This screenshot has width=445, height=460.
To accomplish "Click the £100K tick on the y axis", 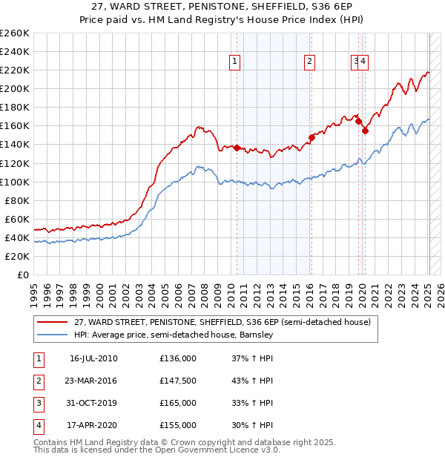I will (15, 182).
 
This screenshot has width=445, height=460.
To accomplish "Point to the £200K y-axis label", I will (15, 88).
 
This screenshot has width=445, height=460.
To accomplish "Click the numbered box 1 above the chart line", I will (234, 62).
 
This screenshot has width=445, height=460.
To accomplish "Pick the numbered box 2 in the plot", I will (309, 62).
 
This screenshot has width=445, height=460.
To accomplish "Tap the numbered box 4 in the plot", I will (364, 62).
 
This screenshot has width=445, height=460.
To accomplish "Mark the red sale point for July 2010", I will (237, 148).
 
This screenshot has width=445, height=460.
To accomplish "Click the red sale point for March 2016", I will (311, 137).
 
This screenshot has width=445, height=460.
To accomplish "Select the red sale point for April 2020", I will (365, 131).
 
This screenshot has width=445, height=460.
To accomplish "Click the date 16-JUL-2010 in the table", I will (93, 358).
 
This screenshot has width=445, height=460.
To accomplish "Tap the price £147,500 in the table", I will (178, 381).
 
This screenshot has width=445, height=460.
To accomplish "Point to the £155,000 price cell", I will (178, 425).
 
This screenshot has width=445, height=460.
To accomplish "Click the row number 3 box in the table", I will (38, 403).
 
